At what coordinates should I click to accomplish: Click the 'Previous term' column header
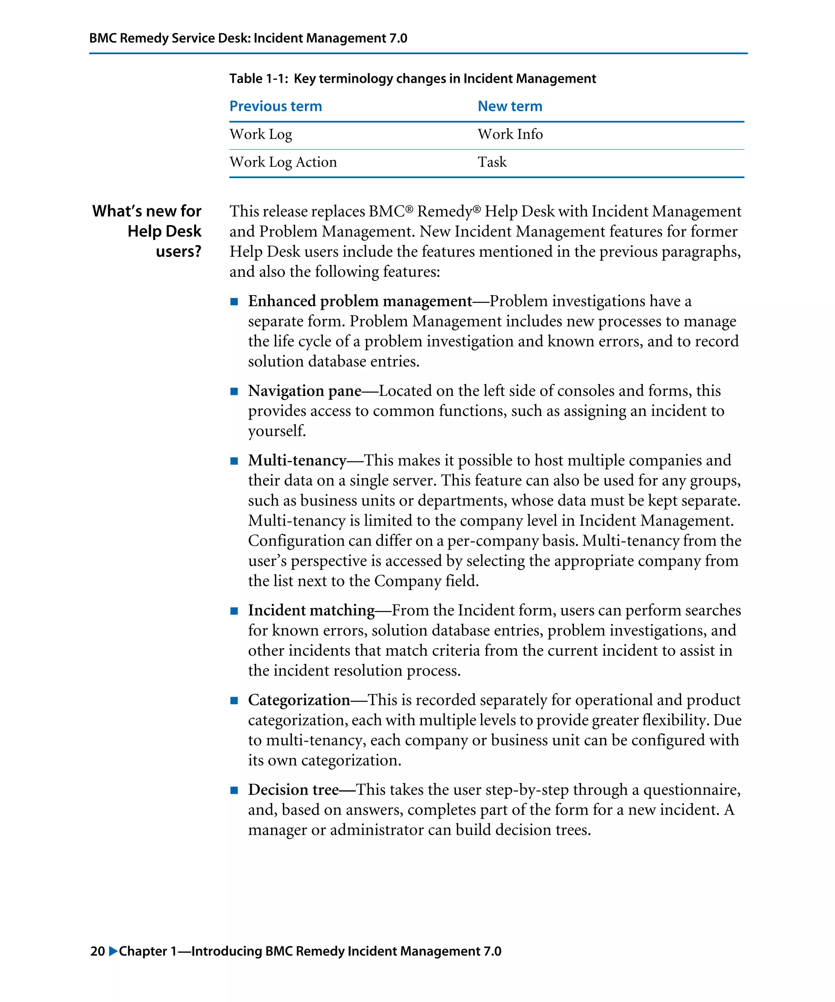click(275, 106)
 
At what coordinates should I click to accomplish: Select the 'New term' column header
click(510, 106)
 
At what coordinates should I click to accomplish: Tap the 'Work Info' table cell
click(510, 134)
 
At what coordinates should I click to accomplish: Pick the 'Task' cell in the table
click(492, 162)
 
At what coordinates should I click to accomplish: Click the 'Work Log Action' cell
click(283, 162)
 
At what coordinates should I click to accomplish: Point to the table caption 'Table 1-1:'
click(258, 78)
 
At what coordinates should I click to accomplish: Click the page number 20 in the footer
click(97, 951)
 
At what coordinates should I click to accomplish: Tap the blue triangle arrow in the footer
click(113, 951)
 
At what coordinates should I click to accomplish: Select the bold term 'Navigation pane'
click(305, 391)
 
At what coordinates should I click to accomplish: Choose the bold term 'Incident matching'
click(311, 610)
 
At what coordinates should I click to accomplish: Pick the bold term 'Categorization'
click(299, 700)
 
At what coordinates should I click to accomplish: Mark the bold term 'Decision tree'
click(293, 790)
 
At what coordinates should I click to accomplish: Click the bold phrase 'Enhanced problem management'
click(360, 301)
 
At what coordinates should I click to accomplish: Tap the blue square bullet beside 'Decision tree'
click(234, 790)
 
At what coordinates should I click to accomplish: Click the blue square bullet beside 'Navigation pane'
click(234, 391)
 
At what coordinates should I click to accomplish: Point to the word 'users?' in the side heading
click(179, 251)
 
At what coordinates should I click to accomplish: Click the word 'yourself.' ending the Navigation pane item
click(277, 431)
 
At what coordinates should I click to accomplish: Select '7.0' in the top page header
click(398, 38)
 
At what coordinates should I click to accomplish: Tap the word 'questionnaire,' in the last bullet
click(691, 790)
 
